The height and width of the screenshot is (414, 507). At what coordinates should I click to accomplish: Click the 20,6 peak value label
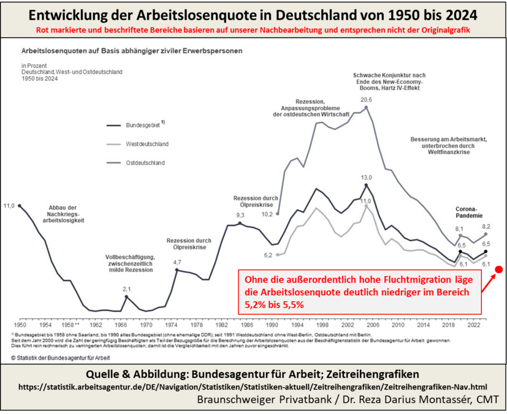coord(366,99)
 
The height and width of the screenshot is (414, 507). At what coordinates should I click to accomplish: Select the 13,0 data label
coord(366,177)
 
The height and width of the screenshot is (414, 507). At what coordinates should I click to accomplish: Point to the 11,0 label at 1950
coord(9,206)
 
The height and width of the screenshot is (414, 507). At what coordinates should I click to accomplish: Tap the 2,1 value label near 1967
coord(127,289)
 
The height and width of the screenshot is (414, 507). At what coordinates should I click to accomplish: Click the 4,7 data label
coord(177,262)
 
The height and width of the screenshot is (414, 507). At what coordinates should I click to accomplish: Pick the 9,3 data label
coord(240,215)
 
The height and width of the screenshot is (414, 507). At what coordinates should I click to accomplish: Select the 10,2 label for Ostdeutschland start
coord(267,215)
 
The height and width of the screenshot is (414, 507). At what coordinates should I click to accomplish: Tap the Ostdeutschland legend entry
coord(145,163)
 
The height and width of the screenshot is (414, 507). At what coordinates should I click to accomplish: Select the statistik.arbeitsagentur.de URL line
coord(253,388)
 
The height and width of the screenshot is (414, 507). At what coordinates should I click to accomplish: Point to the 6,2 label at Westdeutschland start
coord(268,255)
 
